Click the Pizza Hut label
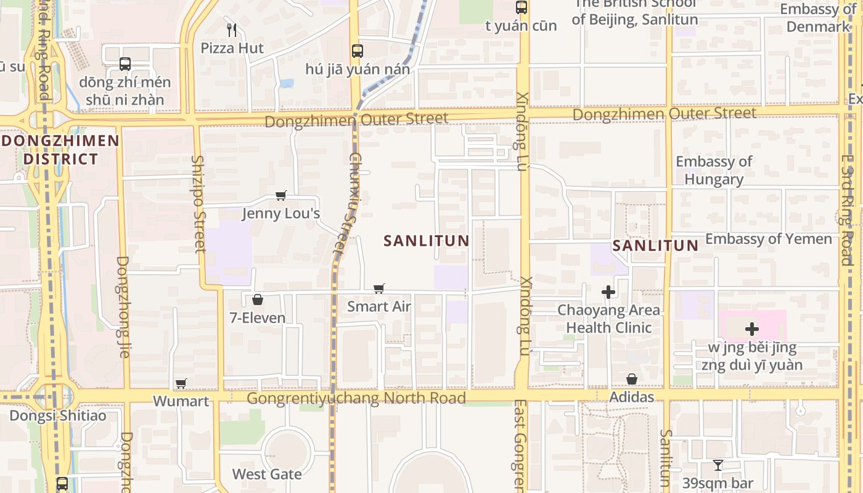pyautogui.click(x=232, y=48)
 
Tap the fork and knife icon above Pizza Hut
pyautogui.click(x=232, y=30)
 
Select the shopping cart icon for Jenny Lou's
pyautogui.click(x=281, y=196)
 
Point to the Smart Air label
pyautogui.click(x=378, y=306)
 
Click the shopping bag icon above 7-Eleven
pyautogui.click(x=258, y=300)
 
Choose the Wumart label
pyautogui.click(x=181, y=401)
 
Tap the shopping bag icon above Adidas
pyautogui.click(x=632, y=379)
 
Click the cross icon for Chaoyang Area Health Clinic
pyautogui.click(x=608, y=292)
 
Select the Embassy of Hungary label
pyautogui.click(x=714, y=171)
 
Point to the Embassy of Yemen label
pyautogui.click(x=768, y=239)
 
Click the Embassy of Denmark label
pyautogui.click(x=818, y=18)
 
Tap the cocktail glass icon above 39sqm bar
pyautogui.click(x=718, y=465)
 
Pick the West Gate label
pyautogui.click(x=267, y=474)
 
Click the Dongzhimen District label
pyautogui.click(x=60, y=150)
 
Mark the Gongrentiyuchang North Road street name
pyautogui.click(x=356, y=399)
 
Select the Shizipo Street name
pyautogui.click(x=198, y=203)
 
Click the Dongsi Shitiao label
pyautogui.click(x=57, y=415)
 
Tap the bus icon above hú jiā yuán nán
pyautogui.click(x=358, y=51)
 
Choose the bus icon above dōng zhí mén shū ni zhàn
pyautogui.click(x=125, y=64)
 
